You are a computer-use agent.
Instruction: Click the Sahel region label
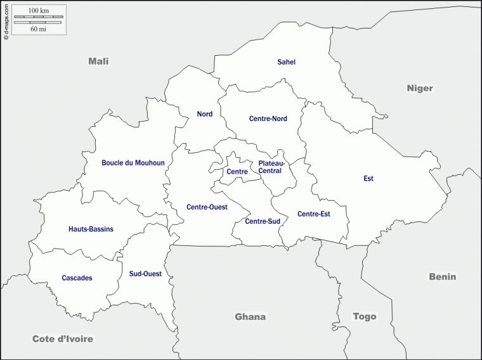click(x=287, y=62)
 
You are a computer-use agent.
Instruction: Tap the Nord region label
click(x=204, y=114)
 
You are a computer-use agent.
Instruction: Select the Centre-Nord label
click(x=268, y=119)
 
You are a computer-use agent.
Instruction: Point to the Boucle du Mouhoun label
click(x=133, y=163)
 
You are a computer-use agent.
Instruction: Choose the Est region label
click(x=368, y=179)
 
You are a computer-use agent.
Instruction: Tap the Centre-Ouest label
click(x=207, y=207)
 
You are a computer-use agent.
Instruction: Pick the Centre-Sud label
click(x=263, y=221)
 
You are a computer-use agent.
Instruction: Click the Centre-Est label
click(x=313, y=214)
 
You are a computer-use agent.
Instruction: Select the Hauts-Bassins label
click(x=91, y=229)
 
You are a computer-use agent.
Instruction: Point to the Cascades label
click(x=77, y=278)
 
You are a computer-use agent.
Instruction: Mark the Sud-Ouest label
click(x=145, y=274)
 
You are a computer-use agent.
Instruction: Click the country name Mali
click(x=98, y=61)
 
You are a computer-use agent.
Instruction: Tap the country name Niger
click(x=420, y=88)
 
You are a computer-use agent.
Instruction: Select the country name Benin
click(x=443, y=277)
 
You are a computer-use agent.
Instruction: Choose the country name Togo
click(x=365, y=316)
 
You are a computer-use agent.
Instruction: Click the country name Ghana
click(x=251, y=317)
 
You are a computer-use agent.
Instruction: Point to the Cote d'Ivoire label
click(x=63, y=339)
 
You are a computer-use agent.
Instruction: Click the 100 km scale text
click(x=39, y=11)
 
